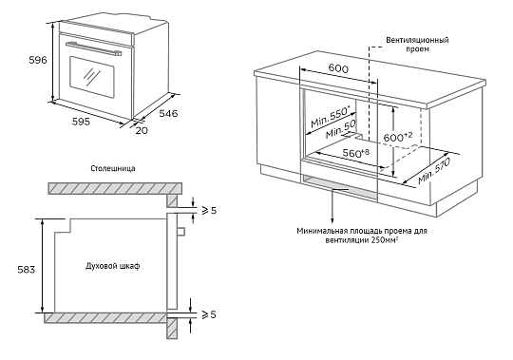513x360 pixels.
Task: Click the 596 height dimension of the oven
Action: tap(38, 60)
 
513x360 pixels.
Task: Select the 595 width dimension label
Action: tap(81, 122)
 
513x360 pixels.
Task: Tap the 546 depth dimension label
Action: tap(168, 113)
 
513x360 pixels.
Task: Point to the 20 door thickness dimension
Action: tap(142, 130)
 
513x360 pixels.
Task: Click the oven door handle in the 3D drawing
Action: tap(93, 48)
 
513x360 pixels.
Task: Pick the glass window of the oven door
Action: tap(92, 77)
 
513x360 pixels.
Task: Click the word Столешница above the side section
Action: tap(112, 168)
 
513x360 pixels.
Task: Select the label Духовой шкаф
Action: tap(112, 266)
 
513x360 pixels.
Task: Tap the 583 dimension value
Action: tap(27, 270)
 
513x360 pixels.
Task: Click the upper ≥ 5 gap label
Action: tap(209, 210)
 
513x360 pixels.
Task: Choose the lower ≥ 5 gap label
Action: tap(209, 314)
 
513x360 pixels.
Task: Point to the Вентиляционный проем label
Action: tap(417, 45)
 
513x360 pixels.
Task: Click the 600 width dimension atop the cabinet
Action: tap(338, 68)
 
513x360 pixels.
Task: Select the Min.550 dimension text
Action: tap(330, 116)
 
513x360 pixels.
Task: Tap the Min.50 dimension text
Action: tap(341, 129)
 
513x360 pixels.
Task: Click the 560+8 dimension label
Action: tap(356, 153)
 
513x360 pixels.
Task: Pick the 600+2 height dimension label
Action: tap(398, 137)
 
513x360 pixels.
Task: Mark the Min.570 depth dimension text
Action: tap(434, 171)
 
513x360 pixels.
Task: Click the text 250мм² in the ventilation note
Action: tap(385, 240)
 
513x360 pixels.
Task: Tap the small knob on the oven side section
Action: tap(180, 231)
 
